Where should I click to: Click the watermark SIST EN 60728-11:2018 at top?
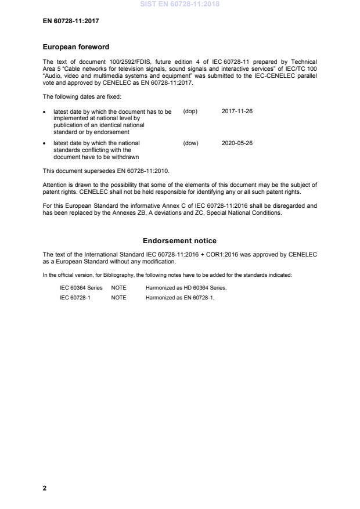[x=180, y=5]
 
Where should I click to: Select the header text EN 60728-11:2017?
[x=71, y=22]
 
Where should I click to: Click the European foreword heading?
[x=76, y=47]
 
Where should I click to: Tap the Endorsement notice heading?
[x=180, y=240]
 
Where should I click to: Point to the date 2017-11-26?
[x=237, y=111]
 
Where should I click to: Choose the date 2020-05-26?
[x=237, y=143]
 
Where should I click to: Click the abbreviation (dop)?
[x=190, y=111]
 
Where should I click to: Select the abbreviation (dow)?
[x=190, y=143]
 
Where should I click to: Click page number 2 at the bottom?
[x=45, y=488]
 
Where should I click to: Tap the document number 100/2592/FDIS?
[x=110, y=62]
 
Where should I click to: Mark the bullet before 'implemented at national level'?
[x=45, y=111]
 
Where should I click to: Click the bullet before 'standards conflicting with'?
[x=45, y=143]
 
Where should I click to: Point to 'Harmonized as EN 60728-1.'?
[x=180, y=298]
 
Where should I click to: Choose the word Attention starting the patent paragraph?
[x=56, y=185]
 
